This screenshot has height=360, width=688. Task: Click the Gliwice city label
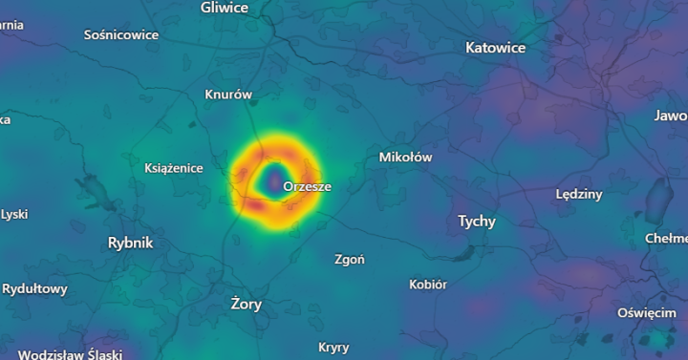click(x=225, y=8)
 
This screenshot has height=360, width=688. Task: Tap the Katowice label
click(x=495, y=47)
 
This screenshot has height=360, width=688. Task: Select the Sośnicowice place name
click(x=121, y=34)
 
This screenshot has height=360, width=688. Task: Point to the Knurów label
click(x=228, y=95)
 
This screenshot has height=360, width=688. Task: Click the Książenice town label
click(x=173, y=168)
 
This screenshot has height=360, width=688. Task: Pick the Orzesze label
click(x=307, y=186)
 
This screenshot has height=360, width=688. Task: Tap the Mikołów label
click(x=406, y=157)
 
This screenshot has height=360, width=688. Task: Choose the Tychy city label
click(x=477, y=222)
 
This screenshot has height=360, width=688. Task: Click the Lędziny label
click(x=579, y=194)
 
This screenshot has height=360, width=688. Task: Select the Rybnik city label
click(x=131, y=243)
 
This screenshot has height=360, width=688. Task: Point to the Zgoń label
click(x=350, y=259)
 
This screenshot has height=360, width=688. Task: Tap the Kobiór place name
click(x=428, y=284)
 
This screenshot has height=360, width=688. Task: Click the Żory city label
click(x=247, y=305)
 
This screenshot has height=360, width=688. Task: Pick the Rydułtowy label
click(x=34, y=288)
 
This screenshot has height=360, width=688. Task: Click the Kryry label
click(x=333, y=347)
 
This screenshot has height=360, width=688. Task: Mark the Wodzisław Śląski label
click(x=70, y=354)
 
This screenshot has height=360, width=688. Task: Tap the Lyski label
click(x=13, y=214)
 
